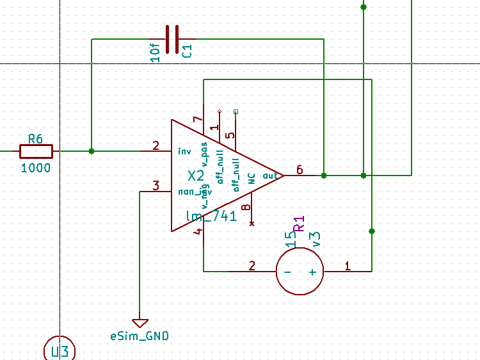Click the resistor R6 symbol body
[x=36, y=151]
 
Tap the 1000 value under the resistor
[x=36, y=168]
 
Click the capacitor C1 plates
[x=172, y=40]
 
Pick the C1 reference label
[x=188, y=52]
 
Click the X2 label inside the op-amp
[x=195, y=176]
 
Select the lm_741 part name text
[x=211, y=217]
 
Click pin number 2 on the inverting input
[x=156, y=145]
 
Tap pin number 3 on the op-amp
[x=156, y=186]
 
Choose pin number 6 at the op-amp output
[x=299, y=169]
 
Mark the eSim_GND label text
[x=140, y=336]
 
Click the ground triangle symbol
[x=140, y=323]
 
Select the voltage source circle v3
[x=300, y=271]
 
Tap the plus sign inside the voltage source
[x=313, y=272]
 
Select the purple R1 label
[x=299, y=224]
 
